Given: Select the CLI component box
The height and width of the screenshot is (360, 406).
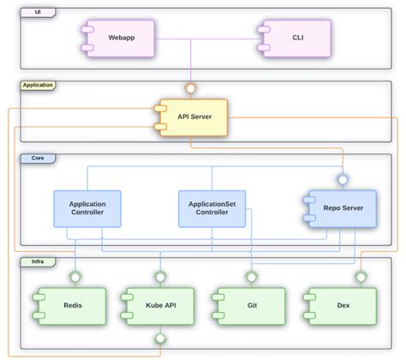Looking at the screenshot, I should pyautogui.click(x=296, y=39).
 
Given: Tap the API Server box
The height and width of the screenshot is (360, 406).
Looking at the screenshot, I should pyautogui.click(x=192, y=117).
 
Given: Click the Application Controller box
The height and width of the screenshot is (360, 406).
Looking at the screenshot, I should pyautogui.click(x=87, y=208).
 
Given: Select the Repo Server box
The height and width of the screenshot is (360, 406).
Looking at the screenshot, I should pyautogui.click(x=340, y=208).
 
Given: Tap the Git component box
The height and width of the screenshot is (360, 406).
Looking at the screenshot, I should pyautogui.click(x=250, y=304).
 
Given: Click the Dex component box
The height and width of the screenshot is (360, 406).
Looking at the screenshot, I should pyautogui.click(x=341, y=304).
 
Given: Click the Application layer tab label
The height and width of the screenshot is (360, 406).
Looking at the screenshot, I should pyautogui.click(x=38, y=85).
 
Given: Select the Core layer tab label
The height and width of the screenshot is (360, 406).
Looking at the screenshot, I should pyautogui.click(x=38, y=159).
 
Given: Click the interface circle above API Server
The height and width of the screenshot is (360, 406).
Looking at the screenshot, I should pyautogui.click(x=193, y=88).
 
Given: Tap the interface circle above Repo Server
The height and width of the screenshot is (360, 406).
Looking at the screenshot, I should pyautogui.click(x=343, y=179).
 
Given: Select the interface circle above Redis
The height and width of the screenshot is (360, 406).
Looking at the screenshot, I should pyautogui.click(x=75, y=276).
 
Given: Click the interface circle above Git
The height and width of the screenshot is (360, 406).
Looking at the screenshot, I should pyautogui.click(x=251, y=276).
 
